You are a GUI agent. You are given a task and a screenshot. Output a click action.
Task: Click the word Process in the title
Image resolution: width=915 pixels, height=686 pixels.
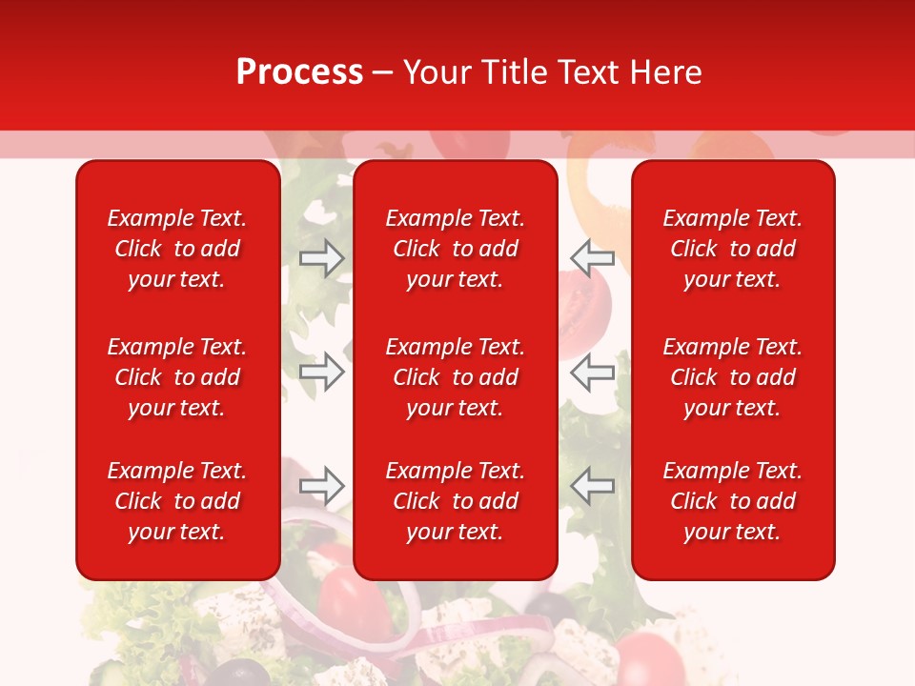[x=299, y=72]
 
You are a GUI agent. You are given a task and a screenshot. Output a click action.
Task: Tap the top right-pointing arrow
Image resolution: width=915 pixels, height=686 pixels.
[x=322, y=257]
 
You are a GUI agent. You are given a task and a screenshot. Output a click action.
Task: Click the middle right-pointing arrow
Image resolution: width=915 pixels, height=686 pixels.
[x=322, y=372]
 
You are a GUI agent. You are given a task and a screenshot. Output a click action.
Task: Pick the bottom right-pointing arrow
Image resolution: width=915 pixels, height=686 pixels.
[x=322, y=486]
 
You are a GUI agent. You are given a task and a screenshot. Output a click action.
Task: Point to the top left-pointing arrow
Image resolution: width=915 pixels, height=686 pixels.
[x=592, y=257]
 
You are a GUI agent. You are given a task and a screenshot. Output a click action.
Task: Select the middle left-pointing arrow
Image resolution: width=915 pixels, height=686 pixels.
[x=592, y=372]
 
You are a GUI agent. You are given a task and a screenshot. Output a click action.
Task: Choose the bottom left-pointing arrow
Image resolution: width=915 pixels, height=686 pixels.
[x=592, y=486]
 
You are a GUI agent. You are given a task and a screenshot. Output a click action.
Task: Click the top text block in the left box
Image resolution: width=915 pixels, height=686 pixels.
[x=177, y=249]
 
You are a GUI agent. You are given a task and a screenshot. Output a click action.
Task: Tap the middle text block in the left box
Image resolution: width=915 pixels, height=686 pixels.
[x=177, y=377]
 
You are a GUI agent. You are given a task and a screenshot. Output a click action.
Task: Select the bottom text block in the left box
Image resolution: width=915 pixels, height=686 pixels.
[x=177, y=501]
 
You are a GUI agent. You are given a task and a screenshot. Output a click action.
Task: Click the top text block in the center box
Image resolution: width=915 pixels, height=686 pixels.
[x=455, y=249]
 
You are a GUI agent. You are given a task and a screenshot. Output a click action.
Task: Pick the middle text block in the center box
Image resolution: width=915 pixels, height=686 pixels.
[x=455, y=377]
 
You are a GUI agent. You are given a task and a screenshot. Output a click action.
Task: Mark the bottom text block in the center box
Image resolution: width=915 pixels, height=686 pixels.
[x=455, y=501]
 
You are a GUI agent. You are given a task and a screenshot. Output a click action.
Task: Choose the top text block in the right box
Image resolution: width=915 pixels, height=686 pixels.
[x=732, y=249]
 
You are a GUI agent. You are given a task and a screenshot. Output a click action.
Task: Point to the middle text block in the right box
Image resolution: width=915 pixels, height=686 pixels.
[x=732, y=377]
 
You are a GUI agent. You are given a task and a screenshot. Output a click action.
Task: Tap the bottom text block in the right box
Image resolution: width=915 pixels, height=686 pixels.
[x=732, y=501]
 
